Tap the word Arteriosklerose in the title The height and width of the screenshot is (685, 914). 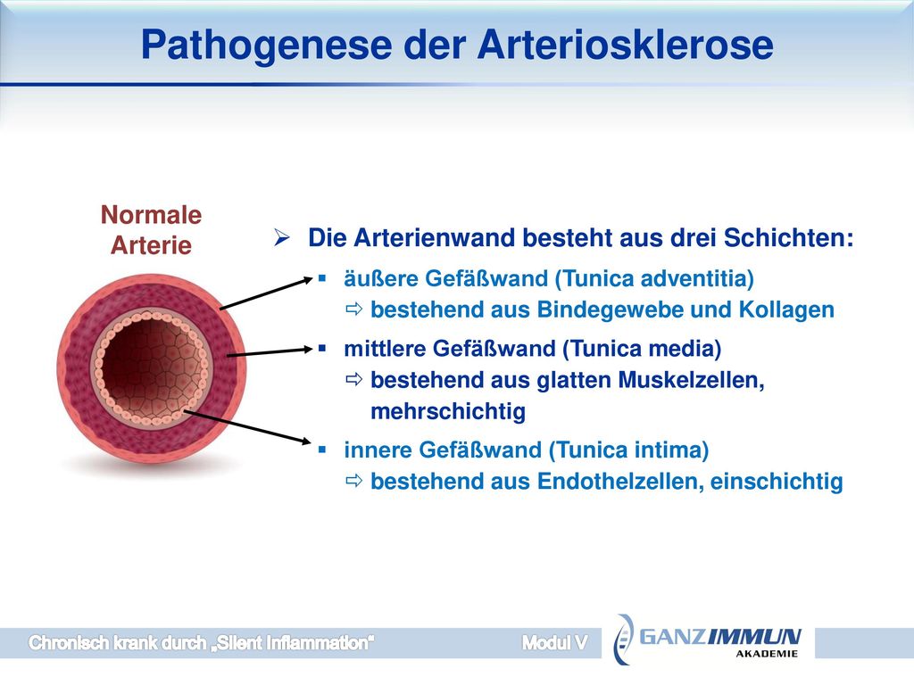[626, 45]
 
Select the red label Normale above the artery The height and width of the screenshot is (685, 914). [151, 214]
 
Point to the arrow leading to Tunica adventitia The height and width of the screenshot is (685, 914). [266, 293]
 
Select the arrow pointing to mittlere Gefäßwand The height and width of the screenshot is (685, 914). [270, 351]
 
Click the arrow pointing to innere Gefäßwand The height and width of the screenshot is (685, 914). [247, 427]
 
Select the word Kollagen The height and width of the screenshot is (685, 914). [786, 309]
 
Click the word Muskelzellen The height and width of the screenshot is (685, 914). [691, 380]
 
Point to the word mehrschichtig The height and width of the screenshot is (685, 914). [448, 412]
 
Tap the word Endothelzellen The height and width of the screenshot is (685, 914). [620, 481]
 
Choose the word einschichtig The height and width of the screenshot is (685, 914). [777, 482]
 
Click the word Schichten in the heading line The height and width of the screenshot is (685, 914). [789, 237]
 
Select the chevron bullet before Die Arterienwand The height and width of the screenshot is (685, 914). [282, 237]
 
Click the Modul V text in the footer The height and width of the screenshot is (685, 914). [554, 642]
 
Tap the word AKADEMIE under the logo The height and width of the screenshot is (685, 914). [767, 654]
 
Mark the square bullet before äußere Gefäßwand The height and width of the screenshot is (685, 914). [321, 279]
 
